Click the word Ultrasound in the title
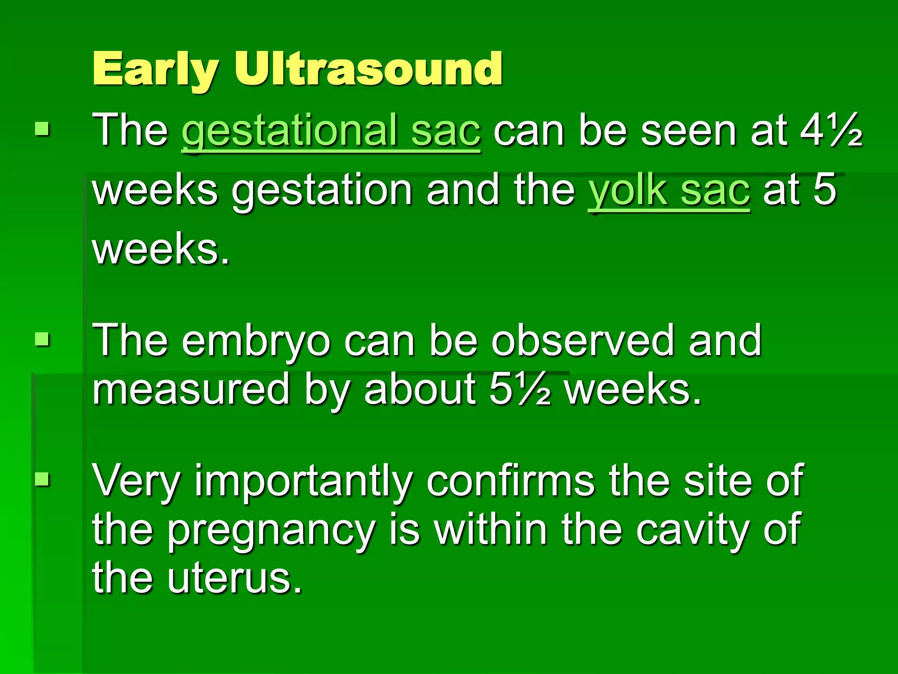[368, 69]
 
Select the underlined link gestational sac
[331, 131]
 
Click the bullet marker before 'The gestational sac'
[43, 129]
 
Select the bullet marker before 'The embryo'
[43, 339]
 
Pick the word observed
[583, 340]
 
